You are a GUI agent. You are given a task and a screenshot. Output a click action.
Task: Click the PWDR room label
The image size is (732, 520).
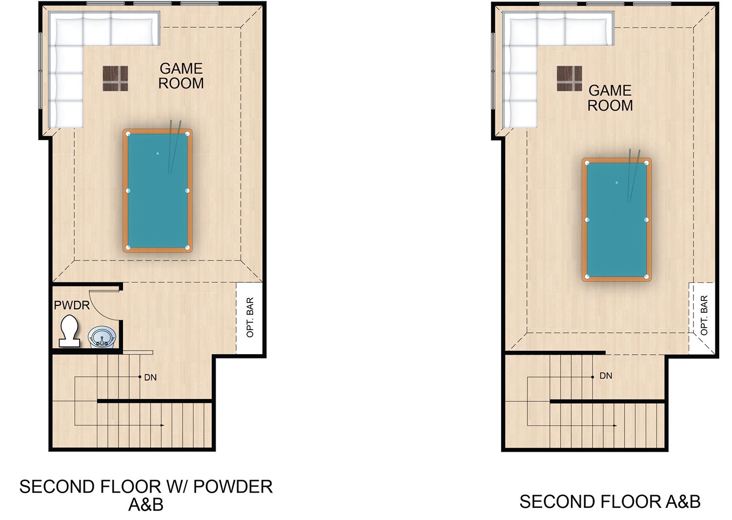point(72,305)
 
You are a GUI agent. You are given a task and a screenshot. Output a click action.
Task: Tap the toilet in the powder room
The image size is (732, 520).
point(70,331)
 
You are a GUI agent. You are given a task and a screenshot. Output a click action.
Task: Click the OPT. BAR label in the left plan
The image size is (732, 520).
point(250,317)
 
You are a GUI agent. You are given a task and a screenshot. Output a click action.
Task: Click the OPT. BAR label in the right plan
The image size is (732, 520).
point(704,315)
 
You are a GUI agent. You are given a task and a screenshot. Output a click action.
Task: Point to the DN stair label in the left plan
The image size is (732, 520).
point(150,378)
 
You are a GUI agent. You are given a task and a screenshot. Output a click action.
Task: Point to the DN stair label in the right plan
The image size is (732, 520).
point(606,376)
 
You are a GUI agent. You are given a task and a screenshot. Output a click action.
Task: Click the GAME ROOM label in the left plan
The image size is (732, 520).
point(181,76)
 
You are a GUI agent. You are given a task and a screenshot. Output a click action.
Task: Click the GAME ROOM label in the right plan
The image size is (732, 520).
point(610,98)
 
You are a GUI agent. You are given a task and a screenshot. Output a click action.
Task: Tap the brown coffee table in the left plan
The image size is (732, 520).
point(115,79)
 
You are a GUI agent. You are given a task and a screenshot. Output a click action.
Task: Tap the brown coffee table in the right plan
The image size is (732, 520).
point(569,79)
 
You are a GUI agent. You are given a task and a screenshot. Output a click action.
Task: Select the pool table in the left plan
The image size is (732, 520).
point(158,191)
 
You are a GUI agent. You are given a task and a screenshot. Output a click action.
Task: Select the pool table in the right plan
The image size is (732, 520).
point(617,220)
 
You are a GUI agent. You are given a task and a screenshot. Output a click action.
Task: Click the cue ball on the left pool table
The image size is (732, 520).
point(158,154)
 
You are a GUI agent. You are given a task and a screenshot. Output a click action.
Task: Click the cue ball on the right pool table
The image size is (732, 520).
point(617,182)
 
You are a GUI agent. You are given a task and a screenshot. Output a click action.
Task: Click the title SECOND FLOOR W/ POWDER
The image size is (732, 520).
point(146,487)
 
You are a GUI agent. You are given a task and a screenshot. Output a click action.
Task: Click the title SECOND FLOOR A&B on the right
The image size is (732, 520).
point(610,502)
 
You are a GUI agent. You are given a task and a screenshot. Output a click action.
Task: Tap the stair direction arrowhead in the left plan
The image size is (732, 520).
point(162,425)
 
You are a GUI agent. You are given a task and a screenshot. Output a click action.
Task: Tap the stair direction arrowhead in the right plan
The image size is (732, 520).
point(615,425)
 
